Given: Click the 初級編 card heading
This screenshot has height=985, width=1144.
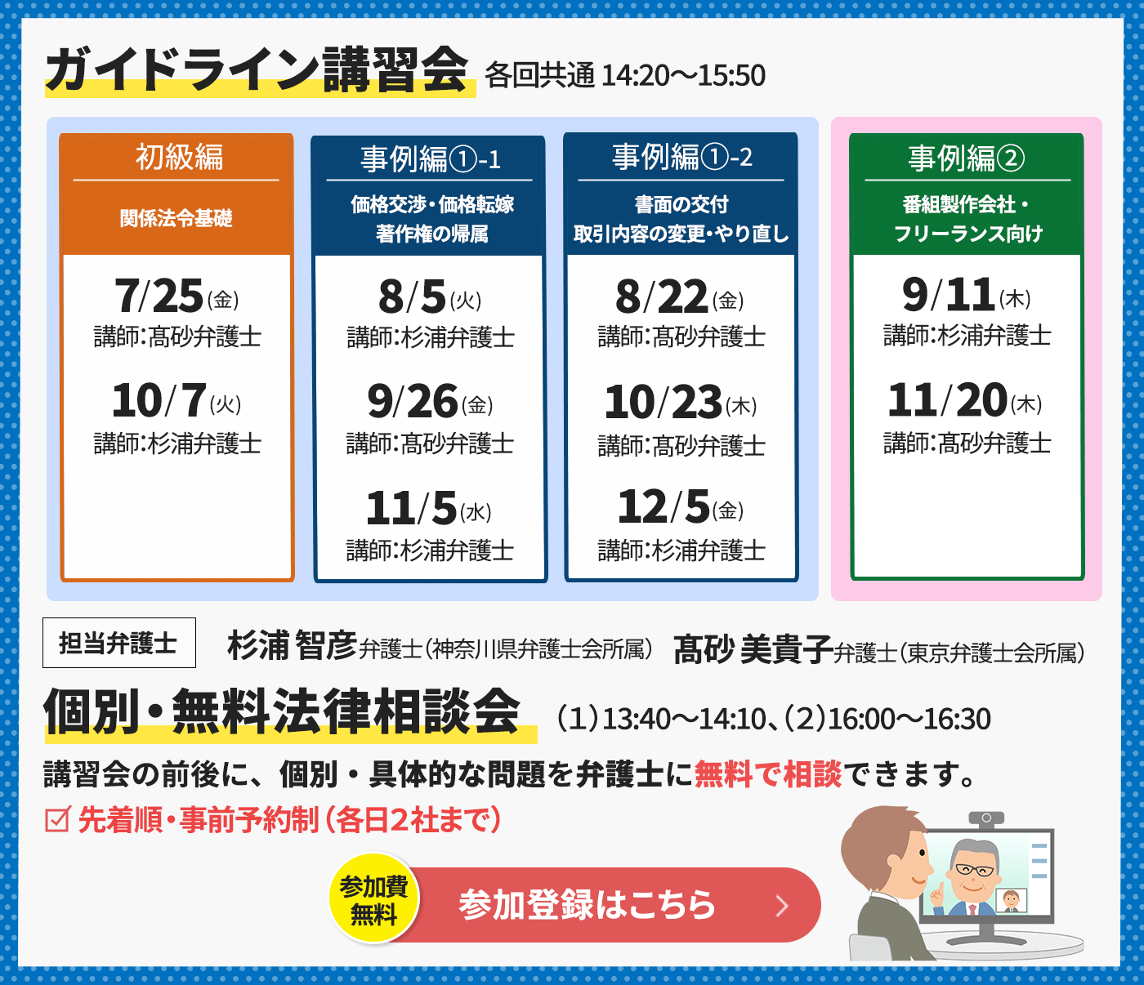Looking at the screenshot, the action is (x=179, y=157).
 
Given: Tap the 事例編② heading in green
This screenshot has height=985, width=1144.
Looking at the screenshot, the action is (x=967, y=158).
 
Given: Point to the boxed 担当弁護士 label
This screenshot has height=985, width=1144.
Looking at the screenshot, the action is (x=119, y=643).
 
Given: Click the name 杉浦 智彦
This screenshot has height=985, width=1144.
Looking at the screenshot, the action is (x=292, y=645).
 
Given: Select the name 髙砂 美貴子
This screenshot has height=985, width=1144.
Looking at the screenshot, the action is (x=753, y=649).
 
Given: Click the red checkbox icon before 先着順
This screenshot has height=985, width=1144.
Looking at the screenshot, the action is (x=57, y=819).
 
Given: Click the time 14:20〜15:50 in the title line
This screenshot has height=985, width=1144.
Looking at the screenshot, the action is (x=683, y=75).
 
